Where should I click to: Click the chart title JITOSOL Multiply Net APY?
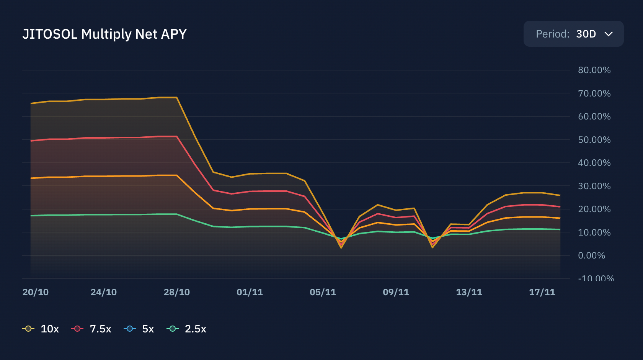pyautogui.click(x=104, y=34)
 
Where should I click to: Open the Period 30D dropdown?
pyautogui.click(x=573, y=34)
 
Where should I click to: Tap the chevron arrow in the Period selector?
pyautogui.click(x=609, y=34)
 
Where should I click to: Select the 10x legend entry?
pyautogui.click(x=41, y=329)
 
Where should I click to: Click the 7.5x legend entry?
pyautogui.click(x=91, y=329)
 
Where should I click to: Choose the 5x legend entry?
pyautogui.click(x=139, y=329)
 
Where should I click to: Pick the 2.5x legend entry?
pyautogui.click(x=187, y=329)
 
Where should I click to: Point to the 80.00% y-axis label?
pyautogui.click(x=594, y=70)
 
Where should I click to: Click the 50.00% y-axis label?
pyautogui.click(x=594, y=140)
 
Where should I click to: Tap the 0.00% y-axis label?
pyautogui.click(x=591, y=255)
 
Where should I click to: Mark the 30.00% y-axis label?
pyautogui.click(x=594, y=186)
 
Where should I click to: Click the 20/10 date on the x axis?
pyautogui.click(x=36, y=292)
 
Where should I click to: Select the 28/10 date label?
pyautogui.click(x=177, y=292)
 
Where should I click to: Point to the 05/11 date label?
pyautogui.click(x=323, y=292)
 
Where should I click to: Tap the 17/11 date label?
pyautogui.click(x=542, y=292)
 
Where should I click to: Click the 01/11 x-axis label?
pyautogui.click(x=250, y=292)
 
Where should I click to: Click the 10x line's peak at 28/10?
pyautogui.click(x=176, y=97)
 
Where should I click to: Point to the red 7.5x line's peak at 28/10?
pyautogui.click(x=176, y=136)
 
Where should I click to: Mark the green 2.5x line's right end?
pyautogui.click(x=560, y=229)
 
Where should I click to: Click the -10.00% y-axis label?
pyautogui.click(x=596, y=278)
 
